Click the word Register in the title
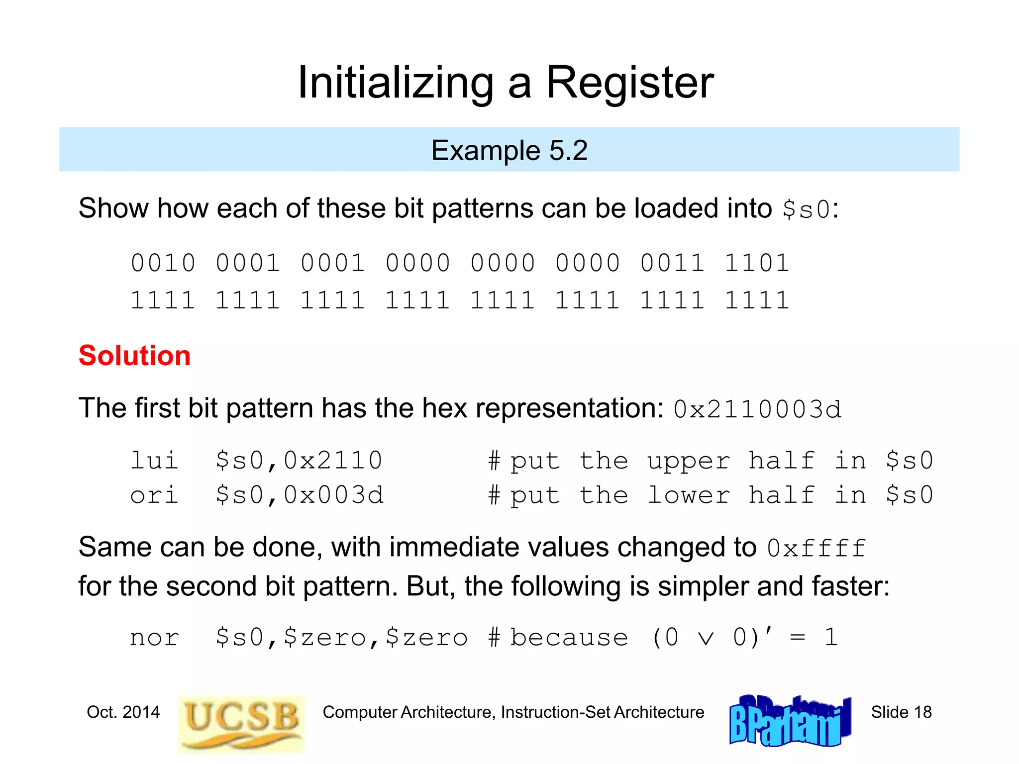click(630, 83)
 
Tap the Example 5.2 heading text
click(509, 150)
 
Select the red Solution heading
click(134, 356)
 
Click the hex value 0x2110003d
click(757, 410)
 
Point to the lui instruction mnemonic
click(154, 461)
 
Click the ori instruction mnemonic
click(154, 495)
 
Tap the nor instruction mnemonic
click(154, 638)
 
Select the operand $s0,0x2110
click(299, 461)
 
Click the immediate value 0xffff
click(816, 549)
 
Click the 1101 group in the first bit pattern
click(757, 263)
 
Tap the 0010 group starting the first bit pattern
click(163, 263)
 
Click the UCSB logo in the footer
click(241, 724)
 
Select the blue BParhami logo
click(790, 721)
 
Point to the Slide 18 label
click(901, 712)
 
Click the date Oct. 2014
click(123, 712)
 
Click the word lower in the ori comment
click(689, 495)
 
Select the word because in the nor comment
click(569, 638)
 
